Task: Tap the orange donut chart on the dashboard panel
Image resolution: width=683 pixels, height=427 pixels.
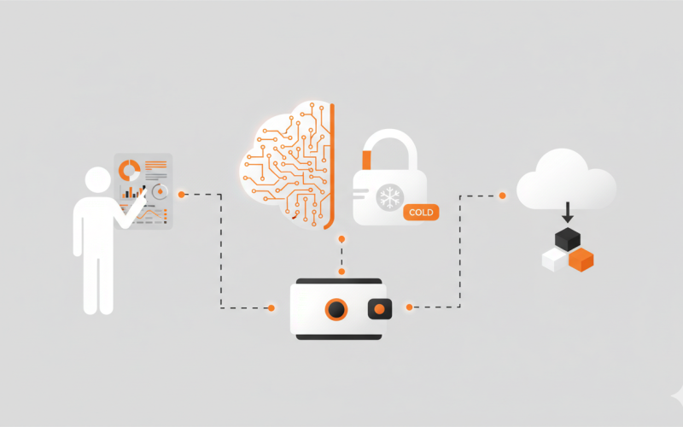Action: (x=130, y=169)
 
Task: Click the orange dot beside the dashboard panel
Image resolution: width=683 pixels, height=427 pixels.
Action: (x=182, y=195)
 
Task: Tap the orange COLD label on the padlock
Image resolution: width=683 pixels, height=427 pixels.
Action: (x=421, y=211)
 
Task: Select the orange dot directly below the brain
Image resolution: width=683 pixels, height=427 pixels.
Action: (x=341, y=240)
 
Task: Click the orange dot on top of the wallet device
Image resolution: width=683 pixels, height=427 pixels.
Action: (x=341, y=272)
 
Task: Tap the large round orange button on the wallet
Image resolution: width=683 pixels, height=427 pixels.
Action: (x=336, y=309)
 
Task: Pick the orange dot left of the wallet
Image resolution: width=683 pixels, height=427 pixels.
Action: (x=271, y=307)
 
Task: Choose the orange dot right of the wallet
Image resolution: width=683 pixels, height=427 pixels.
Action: (x=409, y=307)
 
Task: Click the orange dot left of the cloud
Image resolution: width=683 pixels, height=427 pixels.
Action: (x=502, y=196)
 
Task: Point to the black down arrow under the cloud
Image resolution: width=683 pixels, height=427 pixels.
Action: (x=567, y=213)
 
